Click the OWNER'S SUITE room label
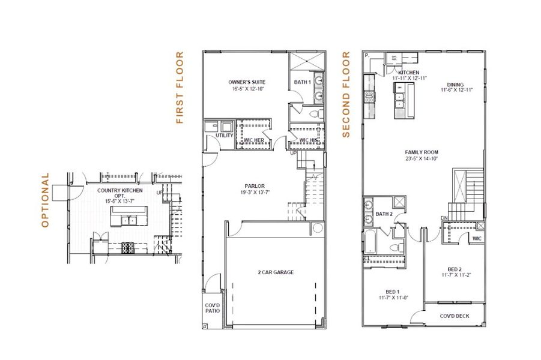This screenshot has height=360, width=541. point(246,82)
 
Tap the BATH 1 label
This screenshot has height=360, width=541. point(302,82)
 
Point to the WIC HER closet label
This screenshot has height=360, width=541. point(253,140)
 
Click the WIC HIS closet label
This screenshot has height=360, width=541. point(307,140)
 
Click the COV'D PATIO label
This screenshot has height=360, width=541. point(213,308)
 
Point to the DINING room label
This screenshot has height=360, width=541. point(455,85)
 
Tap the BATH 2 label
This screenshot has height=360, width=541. point(384,214)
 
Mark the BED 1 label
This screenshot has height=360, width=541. point(394,291)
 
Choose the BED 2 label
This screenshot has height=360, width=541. point(455,269)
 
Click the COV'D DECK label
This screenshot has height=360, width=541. point(454,316)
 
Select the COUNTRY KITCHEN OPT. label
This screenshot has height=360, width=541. point(120,190)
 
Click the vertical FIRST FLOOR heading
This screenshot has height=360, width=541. point(179,88)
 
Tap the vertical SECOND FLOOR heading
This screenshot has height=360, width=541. point(346,94)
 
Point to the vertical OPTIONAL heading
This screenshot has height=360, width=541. point(45,200)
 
